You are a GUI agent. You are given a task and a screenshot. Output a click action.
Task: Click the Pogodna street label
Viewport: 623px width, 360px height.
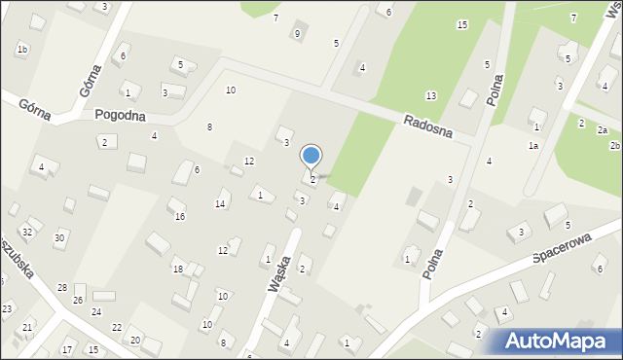point(120,114)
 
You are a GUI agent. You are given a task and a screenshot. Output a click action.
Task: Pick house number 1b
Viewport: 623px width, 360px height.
point(22,49)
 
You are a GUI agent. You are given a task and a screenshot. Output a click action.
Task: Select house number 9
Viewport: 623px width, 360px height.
point(297,34)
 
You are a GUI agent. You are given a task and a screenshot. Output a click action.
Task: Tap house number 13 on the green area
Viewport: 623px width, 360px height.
point(430,95)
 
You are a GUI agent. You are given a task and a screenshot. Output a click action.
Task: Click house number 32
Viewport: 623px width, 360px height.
point(26,232)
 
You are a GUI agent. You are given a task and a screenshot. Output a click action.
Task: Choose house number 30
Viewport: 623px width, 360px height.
point(59,237)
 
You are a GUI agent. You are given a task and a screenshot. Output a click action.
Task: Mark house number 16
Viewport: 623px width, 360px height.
point(179,216)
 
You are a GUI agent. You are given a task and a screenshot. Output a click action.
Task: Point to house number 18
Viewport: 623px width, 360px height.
point(177,269)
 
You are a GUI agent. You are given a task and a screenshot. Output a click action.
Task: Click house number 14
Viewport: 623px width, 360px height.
point(221,203)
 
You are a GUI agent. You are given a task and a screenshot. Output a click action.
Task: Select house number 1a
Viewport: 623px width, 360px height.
point(533,145)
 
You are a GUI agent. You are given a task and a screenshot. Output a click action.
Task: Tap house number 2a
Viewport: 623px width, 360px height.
point(603,130)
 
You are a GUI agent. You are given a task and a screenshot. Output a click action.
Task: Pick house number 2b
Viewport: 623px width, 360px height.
point(614,145)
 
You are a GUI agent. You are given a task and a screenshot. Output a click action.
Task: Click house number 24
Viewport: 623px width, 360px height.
point(96,311)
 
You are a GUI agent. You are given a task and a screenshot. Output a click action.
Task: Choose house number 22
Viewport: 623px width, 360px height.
point(117,327)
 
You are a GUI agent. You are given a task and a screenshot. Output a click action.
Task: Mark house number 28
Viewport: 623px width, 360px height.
point(62,288)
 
